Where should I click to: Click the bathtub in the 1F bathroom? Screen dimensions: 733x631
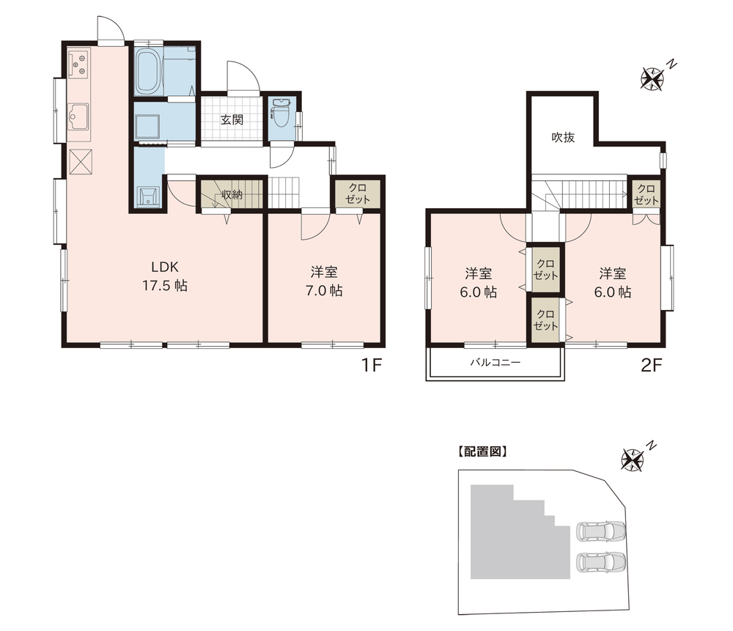pos(149,71)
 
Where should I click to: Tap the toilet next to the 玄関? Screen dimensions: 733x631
pos(281,114)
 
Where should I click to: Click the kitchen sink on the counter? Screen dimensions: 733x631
pos(78,117)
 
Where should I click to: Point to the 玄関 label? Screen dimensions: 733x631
pos(232,119)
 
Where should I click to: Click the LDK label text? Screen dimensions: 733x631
pos(164,267)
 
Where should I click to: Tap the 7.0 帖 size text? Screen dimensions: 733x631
pos(324,291)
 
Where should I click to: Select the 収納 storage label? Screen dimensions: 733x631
pos(232,194)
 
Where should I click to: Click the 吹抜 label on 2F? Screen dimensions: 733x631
pos(563,138)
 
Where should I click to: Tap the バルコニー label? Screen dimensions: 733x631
pos(495,362)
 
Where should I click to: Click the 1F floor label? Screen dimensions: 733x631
pos(372,364)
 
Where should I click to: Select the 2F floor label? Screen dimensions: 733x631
pos(652,364)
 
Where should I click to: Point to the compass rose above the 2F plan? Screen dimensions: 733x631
pos(652,78)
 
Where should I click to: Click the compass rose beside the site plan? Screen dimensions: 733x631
pos(633,459)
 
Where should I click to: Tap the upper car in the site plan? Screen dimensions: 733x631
pos(601,531)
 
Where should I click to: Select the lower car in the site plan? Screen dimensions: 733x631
pos(601,562)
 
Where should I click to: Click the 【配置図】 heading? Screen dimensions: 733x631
pos(482,451)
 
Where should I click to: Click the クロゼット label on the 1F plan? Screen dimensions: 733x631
pos(358,193)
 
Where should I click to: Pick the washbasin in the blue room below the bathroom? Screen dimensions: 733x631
pos(148,196)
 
